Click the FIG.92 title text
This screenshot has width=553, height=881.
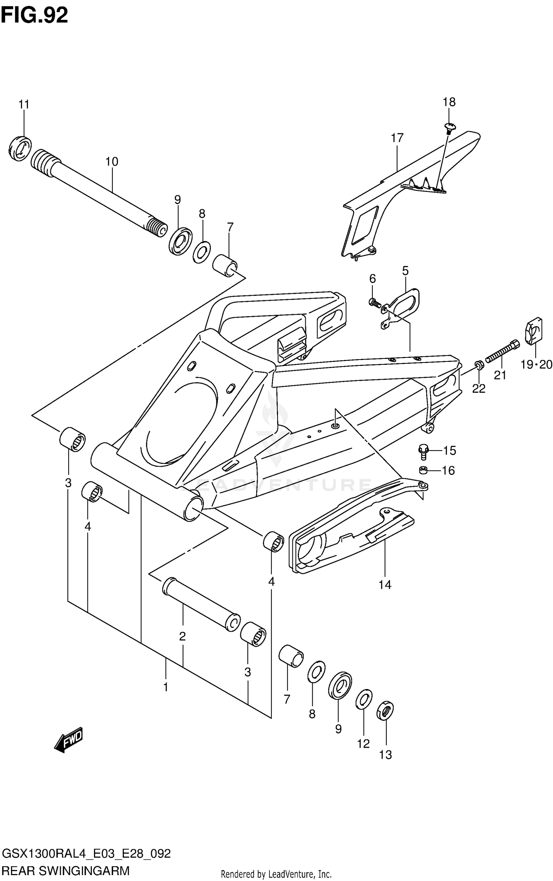(x=34, y=15)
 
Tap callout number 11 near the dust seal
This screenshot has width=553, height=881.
(x=24, y=105)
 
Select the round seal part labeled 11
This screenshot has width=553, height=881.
(x=20, y=148)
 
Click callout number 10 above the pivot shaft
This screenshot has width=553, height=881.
(x=112, y=161)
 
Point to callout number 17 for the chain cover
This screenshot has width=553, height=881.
(x=397, y=138)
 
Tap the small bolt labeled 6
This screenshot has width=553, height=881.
(x=374, y=303)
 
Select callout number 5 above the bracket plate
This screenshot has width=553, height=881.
(x=405, y=271)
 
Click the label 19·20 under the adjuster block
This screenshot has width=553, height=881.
(x=536, y=365)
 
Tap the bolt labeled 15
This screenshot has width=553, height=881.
(x=423, y=451)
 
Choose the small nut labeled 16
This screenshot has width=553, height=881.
(x=423, y=470)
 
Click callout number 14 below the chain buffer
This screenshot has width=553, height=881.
(x=385, y=585)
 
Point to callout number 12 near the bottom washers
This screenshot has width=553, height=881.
(x=363, y=744)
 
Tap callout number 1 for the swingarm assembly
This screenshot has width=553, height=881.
(x=166, y=687)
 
